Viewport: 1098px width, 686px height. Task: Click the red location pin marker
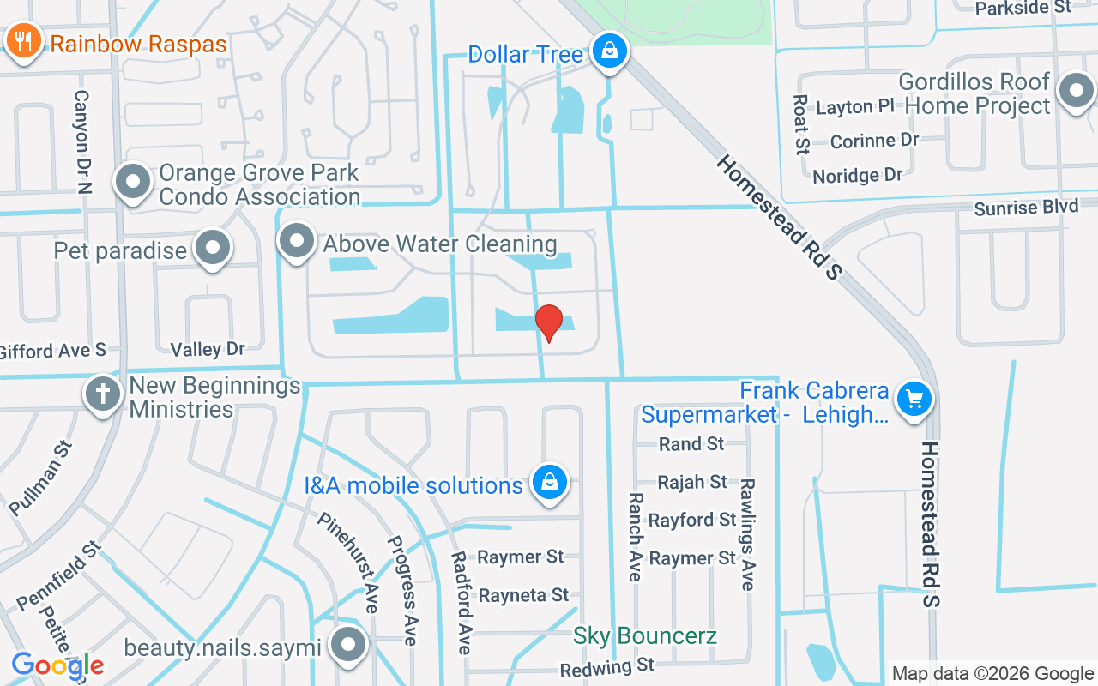pyautogui.click(x=549, y=322)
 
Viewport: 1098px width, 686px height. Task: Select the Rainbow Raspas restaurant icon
pyautogui.click(x=23, y=41)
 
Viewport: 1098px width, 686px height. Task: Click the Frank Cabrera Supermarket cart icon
pyautogui.click(x=914, y=399)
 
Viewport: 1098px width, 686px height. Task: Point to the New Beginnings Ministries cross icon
pyautogui.click(x=103, y=395)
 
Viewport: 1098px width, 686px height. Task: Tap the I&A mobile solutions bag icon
pyautogui.click(x=549, y=483)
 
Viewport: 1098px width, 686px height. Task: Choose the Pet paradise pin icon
pyautogui.click(x=212, y=248)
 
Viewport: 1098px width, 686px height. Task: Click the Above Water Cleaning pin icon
pyautogui.click(x=297, y=241)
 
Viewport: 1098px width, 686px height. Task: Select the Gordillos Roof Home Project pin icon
pyautogui.click(x=1076, y=91)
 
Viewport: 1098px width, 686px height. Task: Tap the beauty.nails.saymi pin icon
pyautogui.click(x=348, y=645)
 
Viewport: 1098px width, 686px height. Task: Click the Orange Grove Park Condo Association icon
pyautogui.click(x=133, y=182)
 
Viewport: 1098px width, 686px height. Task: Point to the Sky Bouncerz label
pyautogui.click(x=645, y=636)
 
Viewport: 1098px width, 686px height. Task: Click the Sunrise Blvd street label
pyautogui.click(x=1026, y=208)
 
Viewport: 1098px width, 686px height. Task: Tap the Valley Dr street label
pyautogui.click(x=208, y=349)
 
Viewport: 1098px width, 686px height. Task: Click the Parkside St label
pyautogui.click(x=1023, y=8)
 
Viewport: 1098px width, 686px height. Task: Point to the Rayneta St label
pyautogui.click(x=523, y=594)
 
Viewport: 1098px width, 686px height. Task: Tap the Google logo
pyautogui.click(x=57, y=665)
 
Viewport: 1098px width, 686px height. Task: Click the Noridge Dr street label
pyautogui.click(x=857, y=176)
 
